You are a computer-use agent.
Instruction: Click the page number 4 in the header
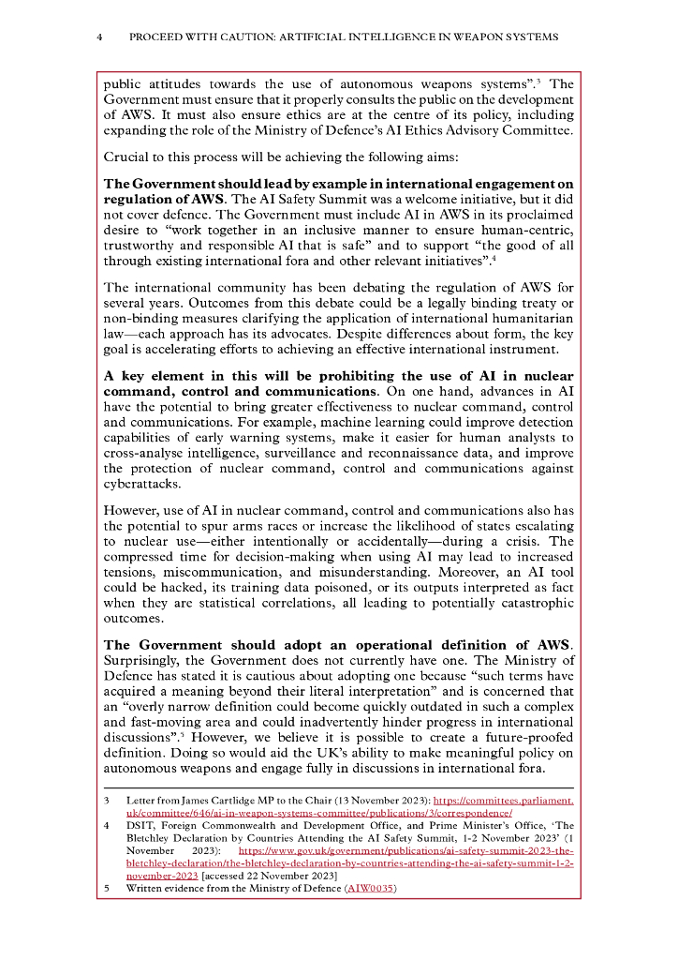pyautogui.click(x=99, y=37)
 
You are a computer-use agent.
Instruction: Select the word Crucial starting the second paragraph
pyautogui.click(x=125, y=157)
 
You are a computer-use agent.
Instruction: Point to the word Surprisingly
pyautogui.click(x=144, y=659)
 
